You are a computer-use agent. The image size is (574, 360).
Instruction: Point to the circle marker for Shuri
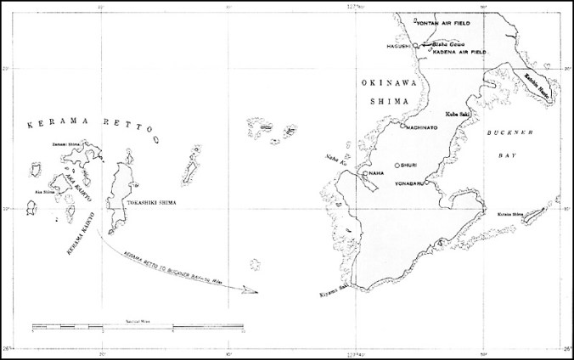point(397,166)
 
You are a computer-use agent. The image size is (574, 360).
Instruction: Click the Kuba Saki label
point(459,113)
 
